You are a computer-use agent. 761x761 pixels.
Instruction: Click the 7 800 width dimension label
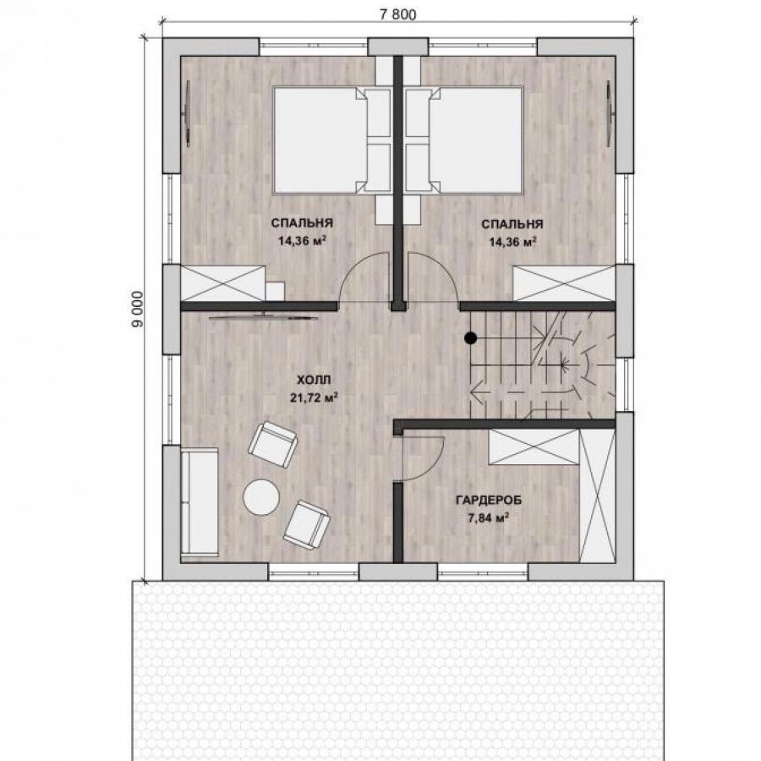(x=397, y=15)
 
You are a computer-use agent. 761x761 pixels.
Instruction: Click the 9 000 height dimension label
(x=138, y=309)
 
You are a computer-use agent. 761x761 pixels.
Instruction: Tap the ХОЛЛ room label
(x=314, y=379)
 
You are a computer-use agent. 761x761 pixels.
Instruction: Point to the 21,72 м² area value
(x=314, y=398)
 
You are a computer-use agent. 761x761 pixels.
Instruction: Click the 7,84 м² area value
(x=488, y=518)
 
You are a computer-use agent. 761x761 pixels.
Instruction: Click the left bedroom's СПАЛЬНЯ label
(x=302, y=223)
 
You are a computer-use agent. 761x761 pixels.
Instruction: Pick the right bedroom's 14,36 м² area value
(x=512, y=242)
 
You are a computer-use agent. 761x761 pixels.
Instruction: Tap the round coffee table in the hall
(x=261, y=497)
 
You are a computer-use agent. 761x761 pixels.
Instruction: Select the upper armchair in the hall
(x=273, y=444)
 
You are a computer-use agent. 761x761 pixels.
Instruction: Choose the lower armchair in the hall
(x=307, y=524)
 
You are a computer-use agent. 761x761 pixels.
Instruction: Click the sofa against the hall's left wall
(x=200, y=502)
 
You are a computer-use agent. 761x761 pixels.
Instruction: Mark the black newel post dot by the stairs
(x=470, y=337)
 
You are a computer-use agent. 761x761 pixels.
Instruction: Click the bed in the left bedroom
(x=331, y=140)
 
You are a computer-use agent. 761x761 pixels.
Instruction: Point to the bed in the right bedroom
(x=464, y=140)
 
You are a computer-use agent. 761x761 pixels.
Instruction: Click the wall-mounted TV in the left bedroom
(x=188, y=113)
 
